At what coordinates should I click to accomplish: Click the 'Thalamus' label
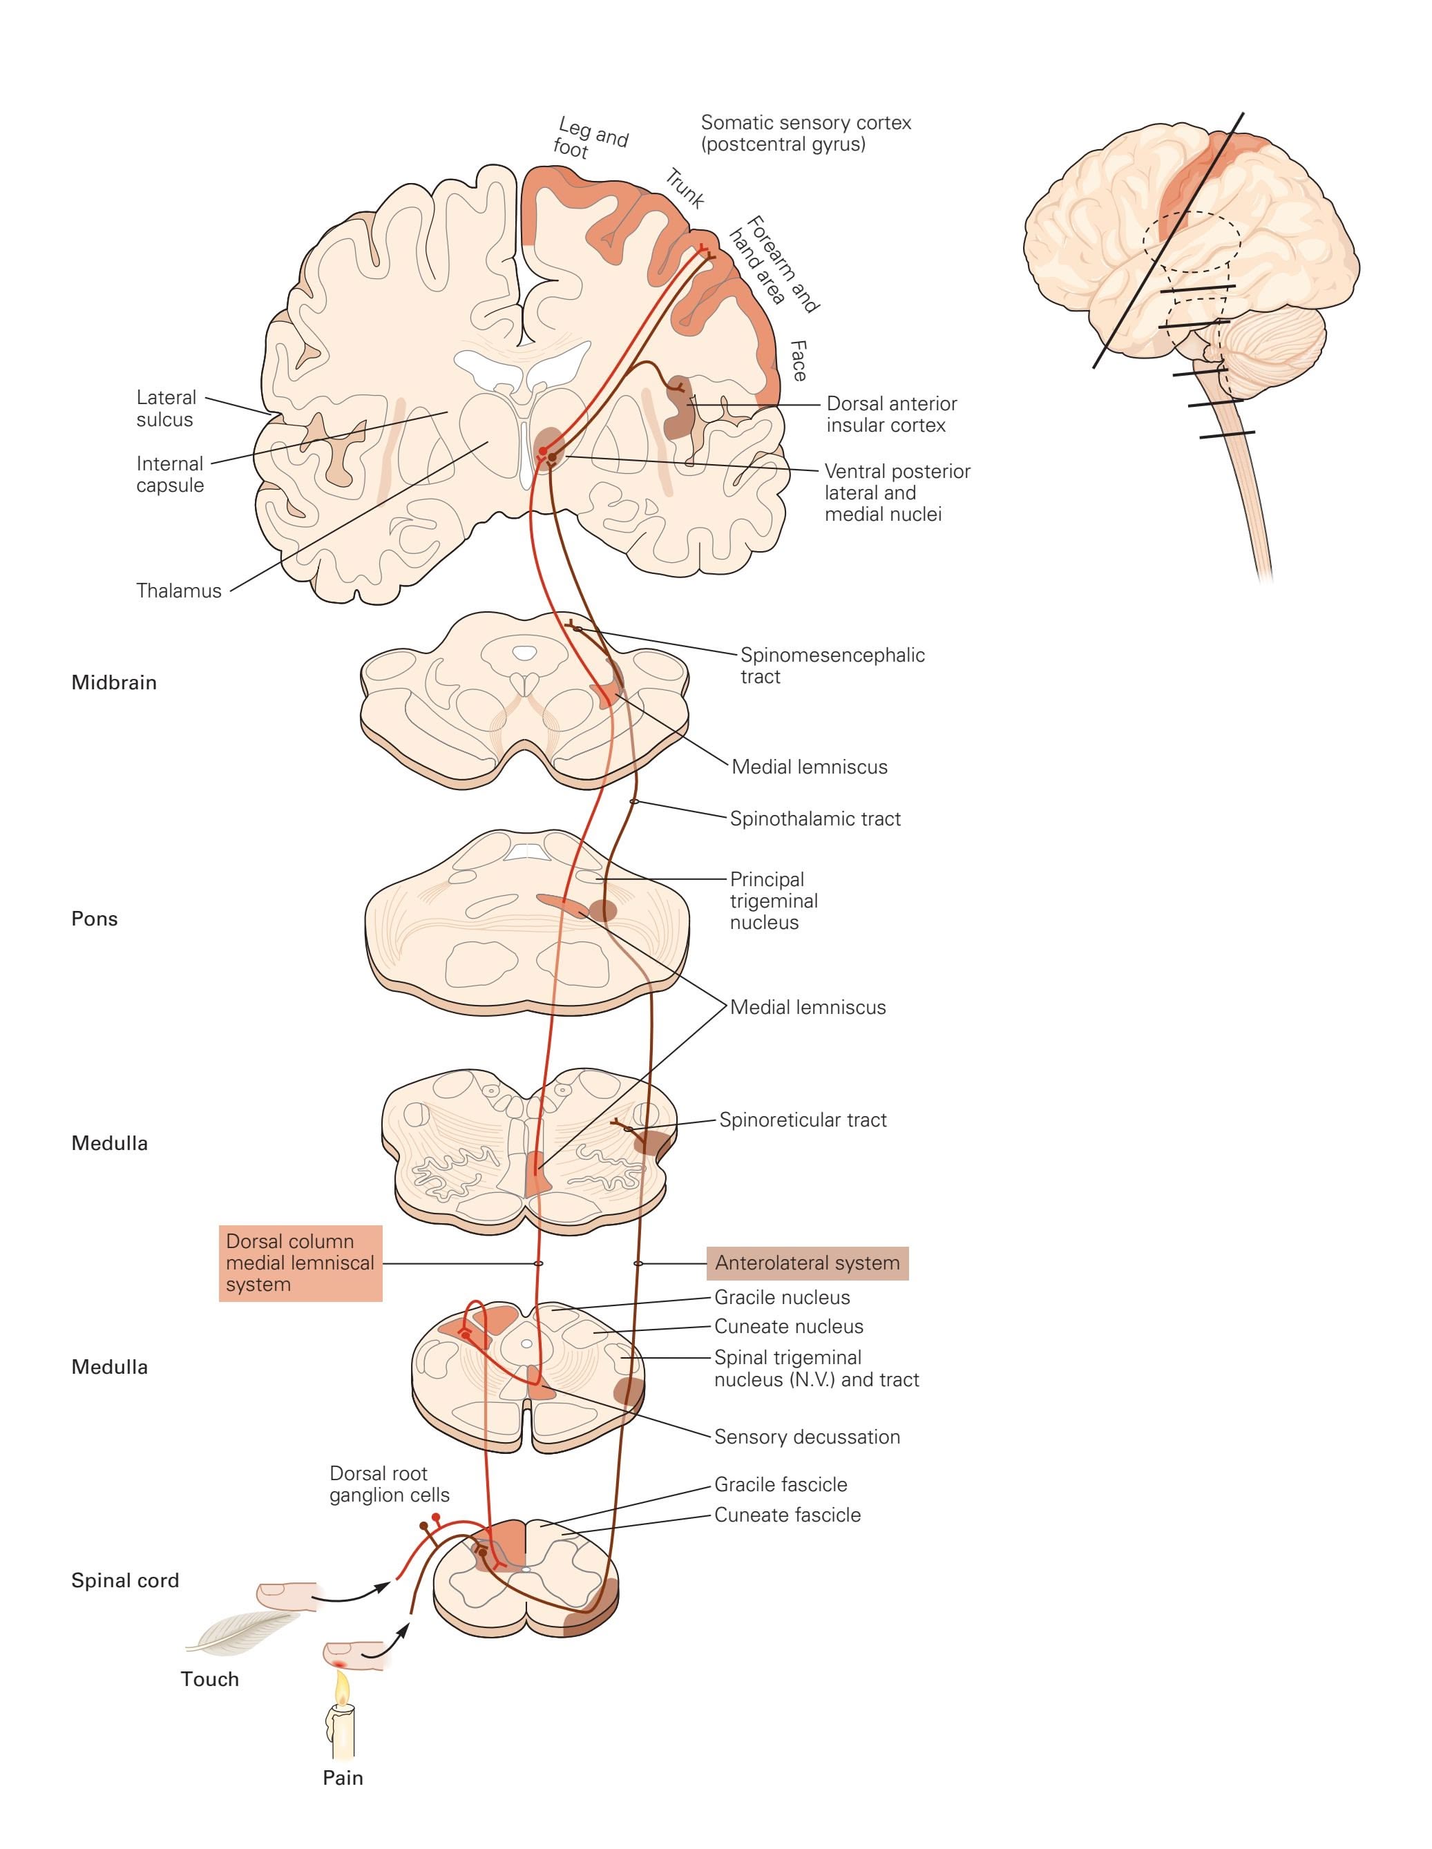(x=179, y=591)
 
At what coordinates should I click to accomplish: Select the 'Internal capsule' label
(x=170, y=474)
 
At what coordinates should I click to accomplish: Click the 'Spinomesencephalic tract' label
(x=832, y=665)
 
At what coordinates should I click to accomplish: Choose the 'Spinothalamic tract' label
(x=816, y=818)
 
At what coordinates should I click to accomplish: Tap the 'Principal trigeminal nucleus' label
(x=774, y=901)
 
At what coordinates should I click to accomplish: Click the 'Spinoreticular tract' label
(x=803, y=1120)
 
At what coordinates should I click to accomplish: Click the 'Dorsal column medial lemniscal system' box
(x=300, y=1263)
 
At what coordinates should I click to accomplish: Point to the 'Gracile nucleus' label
(x=782, y=1297)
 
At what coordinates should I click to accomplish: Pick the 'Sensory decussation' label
(x=807, y=1437)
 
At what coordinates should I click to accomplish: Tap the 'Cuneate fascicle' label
(x=787, y=1515)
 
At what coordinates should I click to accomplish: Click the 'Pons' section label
(x=94, y=919)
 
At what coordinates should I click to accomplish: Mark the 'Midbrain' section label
(x=113, y=682)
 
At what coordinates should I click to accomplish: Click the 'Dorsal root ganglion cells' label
(x=389, y=1484)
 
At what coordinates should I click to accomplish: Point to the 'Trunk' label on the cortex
(x=685, y=189)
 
